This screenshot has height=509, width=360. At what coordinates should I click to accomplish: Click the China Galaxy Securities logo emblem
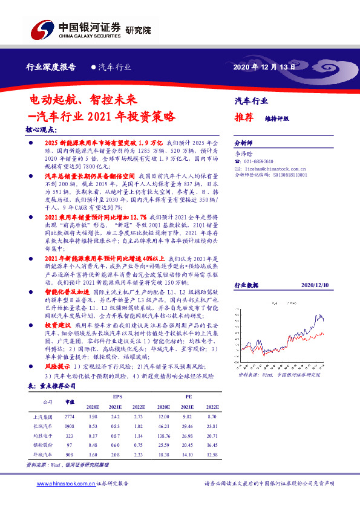pos(42,28)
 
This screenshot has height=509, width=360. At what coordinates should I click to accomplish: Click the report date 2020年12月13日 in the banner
pos(264,67)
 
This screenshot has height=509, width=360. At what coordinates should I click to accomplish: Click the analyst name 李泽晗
pos(243,155)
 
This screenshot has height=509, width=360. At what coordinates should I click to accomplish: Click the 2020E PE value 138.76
pos(163,435)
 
